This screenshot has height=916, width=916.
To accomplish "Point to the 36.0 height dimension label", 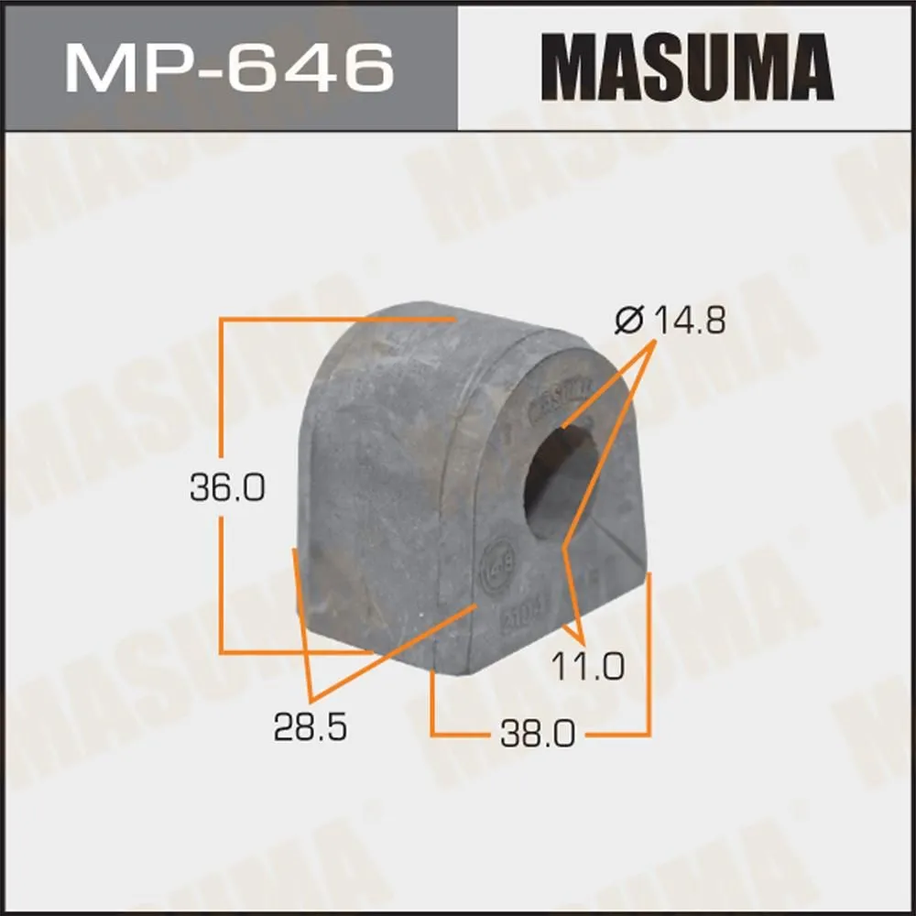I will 227,488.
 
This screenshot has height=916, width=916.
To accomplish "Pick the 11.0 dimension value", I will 587,666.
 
